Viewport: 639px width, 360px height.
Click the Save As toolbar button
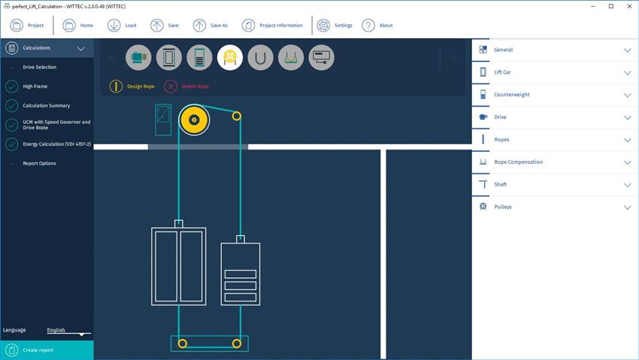click(210, 26)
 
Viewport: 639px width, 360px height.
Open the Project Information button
click(272, 26)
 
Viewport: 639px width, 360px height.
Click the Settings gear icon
click(323, 26)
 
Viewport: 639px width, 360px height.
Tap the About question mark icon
click(368, 26)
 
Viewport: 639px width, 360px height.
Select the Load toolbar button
click(122, 26)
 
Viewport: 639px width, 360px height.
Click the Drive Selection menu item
click(40, 67)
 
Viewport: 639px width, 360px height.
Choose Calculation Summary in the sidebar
click(47, 105)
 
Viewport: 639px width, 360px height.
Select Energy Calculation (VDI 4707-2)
click(56, 144)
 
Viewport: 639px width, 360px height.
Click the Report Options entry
click(39, 163)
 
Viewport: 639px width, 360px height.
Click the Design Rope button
click(132, 86)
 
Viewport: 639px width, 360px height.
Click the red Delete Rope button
click(186, 86)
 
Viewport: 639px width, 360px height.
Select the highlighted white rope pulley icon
click(230, 57)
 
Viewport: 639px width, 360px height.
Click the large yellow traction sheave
click(194, 119)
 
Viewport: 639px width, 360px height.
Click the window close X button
click(628, 6)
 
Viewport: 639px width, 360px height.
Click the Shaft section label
click(501, 184)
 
